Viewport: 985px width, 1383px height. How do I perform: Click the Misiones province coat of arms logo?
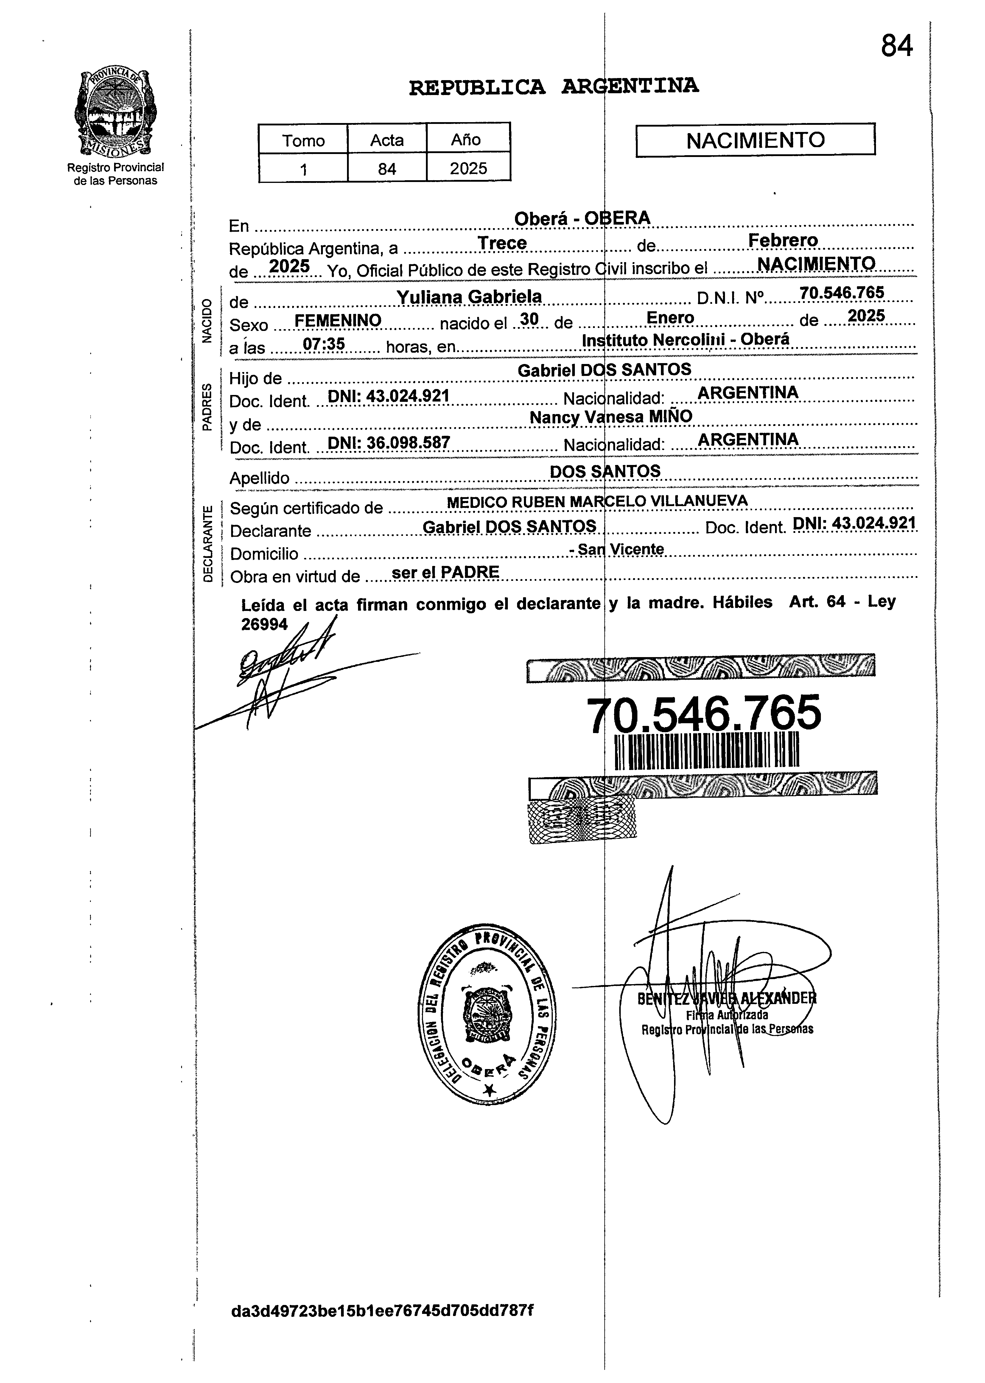(115, 113)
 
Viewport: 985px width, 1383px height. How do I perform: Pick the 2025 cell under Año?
(468, 168)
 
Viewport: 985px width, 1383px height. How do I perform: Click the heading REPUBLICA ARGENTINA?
(554, 87)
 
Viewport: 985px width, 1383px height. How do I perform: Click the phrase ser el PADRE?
(446, 572)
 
